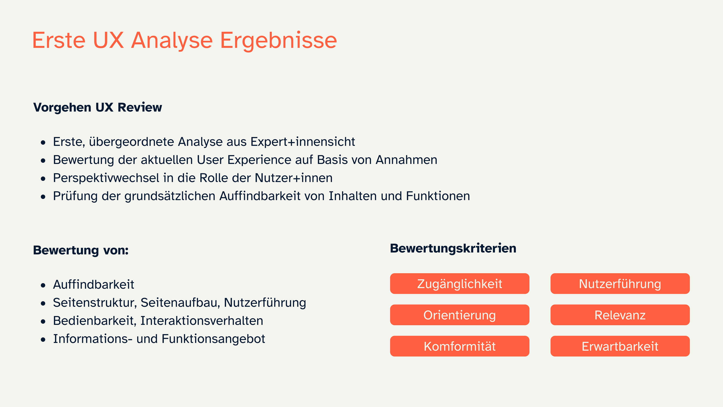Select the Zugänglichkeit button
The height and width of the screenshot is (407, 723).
[x=459, y=284]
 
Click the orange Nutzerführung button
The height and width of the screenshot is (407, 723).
[x=620, y=284]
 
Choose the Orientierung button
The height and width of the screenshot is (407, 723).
[x=459, y=315]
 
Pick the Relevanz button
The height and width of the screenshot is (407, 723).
[x=620, y=315]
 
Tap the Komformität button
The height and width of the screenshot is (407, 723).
[x=459, y=346]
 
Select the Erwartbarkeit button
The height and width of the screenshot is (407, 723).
[x=620, y=346]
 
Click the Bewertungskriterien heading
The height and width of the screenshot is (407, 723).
[x=453, y=248]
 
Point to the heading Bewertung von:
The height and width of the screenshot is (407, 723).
[x=81, y=250]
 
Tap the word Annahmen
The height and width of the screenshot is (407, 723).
[x=406, y=160]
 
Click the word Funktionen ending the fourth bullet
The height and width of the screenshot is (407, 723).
[x=438, y=196]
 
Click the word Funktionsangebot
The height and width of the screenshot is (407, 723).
[x=213, y=339]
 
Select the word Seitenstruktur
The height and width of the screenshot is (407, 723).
[x=95, y=302]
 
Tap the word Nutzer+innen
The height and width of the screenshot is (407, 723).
[x=294, y=178]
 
